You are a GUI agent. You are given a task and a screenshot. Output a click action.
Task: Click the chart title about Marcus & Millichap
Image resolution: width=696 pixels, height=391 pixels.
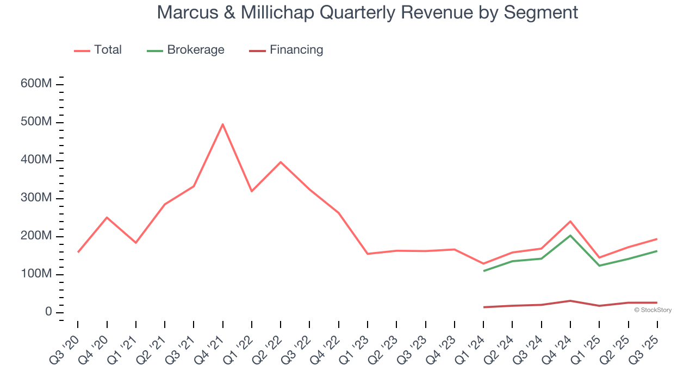[x=367, y=12]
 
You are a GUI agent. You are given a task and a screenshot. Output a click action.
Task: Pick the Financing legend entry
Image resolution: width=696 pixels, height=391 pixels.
[x=286, y=50]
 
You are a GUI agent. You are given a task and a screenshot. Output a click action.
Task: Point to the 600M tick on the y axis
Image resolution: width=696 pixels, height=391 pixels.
[x=36, y=84]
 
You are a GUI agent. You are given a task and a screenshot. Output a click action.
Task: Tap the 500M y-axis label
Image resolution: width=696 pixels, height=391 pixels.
[x=36, y=122]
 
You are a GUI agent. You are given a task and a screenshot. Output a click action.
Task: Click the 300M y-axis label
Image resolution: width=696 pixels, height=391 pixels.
[x=36, y=198]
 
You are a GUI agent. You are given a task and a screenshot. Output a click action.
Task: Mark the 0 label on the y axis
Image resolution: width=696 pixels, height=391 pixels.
[x=48, y=312]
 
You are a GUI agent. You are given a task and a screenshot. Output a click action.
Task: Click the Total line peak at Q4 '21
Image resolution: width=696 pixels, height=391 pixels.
[x=223, y=124]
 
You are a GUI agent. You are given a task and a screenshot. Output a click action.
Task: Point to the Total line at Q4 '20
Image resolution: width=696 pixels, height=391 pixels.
[x=107, y=217]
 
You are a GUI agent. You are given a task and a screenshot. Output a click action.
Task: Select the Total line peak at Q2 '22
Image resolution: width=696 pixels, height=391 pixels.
[x=281, y=162]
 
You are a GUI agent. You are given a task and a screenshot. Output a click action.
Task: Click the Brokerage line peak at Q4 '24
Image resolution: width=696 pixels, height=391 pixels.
[x=570, y=235]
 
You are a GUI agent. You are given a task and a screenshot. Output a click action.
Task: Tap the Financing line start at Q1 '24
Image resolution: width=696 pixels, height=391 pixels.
[x=483, y=307]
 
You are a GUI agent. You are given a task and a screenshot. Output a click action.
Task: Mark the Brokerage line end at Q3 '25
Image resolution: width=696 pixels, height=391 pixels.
[x=657, y=251]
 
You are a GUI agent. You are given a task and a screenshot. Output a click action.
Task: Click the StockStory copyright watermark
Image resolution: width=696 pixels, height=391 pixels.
[x=652, y=310]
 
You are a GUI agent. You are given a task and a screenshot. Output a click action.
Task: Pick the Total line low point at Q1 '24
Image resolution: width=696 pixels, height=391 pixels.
[x=483, y=264]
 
